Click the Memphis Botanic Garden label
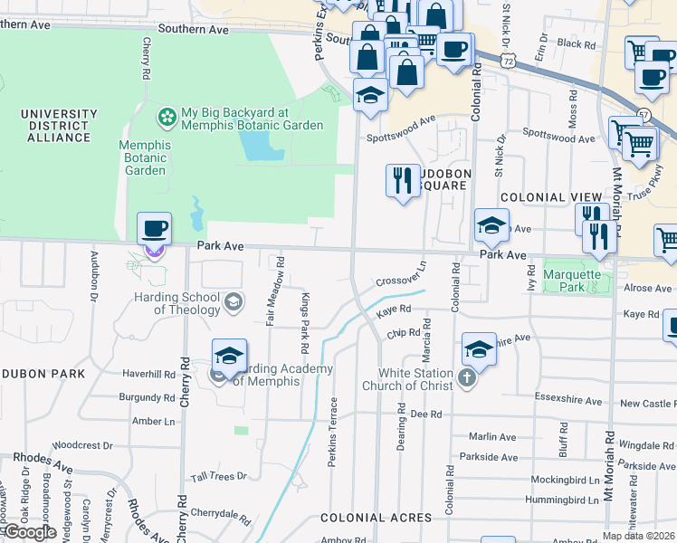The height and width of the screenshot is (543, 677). point(145,157)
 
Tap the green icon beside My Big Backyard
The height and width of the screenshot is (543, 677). point(167,116)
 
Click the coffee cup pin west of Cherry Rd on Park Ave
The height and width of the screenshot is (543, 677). point(154,229)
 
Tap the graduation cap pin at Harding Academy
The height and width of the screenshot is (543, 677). point(230,357)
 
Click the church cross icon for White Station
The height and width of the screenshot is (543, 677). point(467,377)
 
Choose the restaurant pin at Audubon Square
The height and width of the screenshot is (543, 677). point(403,181)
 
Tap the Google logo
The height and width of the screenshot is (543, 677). point(29,532)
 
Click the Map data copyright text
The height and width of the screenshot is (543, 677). point(639,536)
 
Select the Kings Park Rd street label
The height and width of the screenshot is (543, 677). point(306,322)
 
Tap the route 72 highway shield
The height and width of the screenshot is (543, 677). point(510,60)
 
